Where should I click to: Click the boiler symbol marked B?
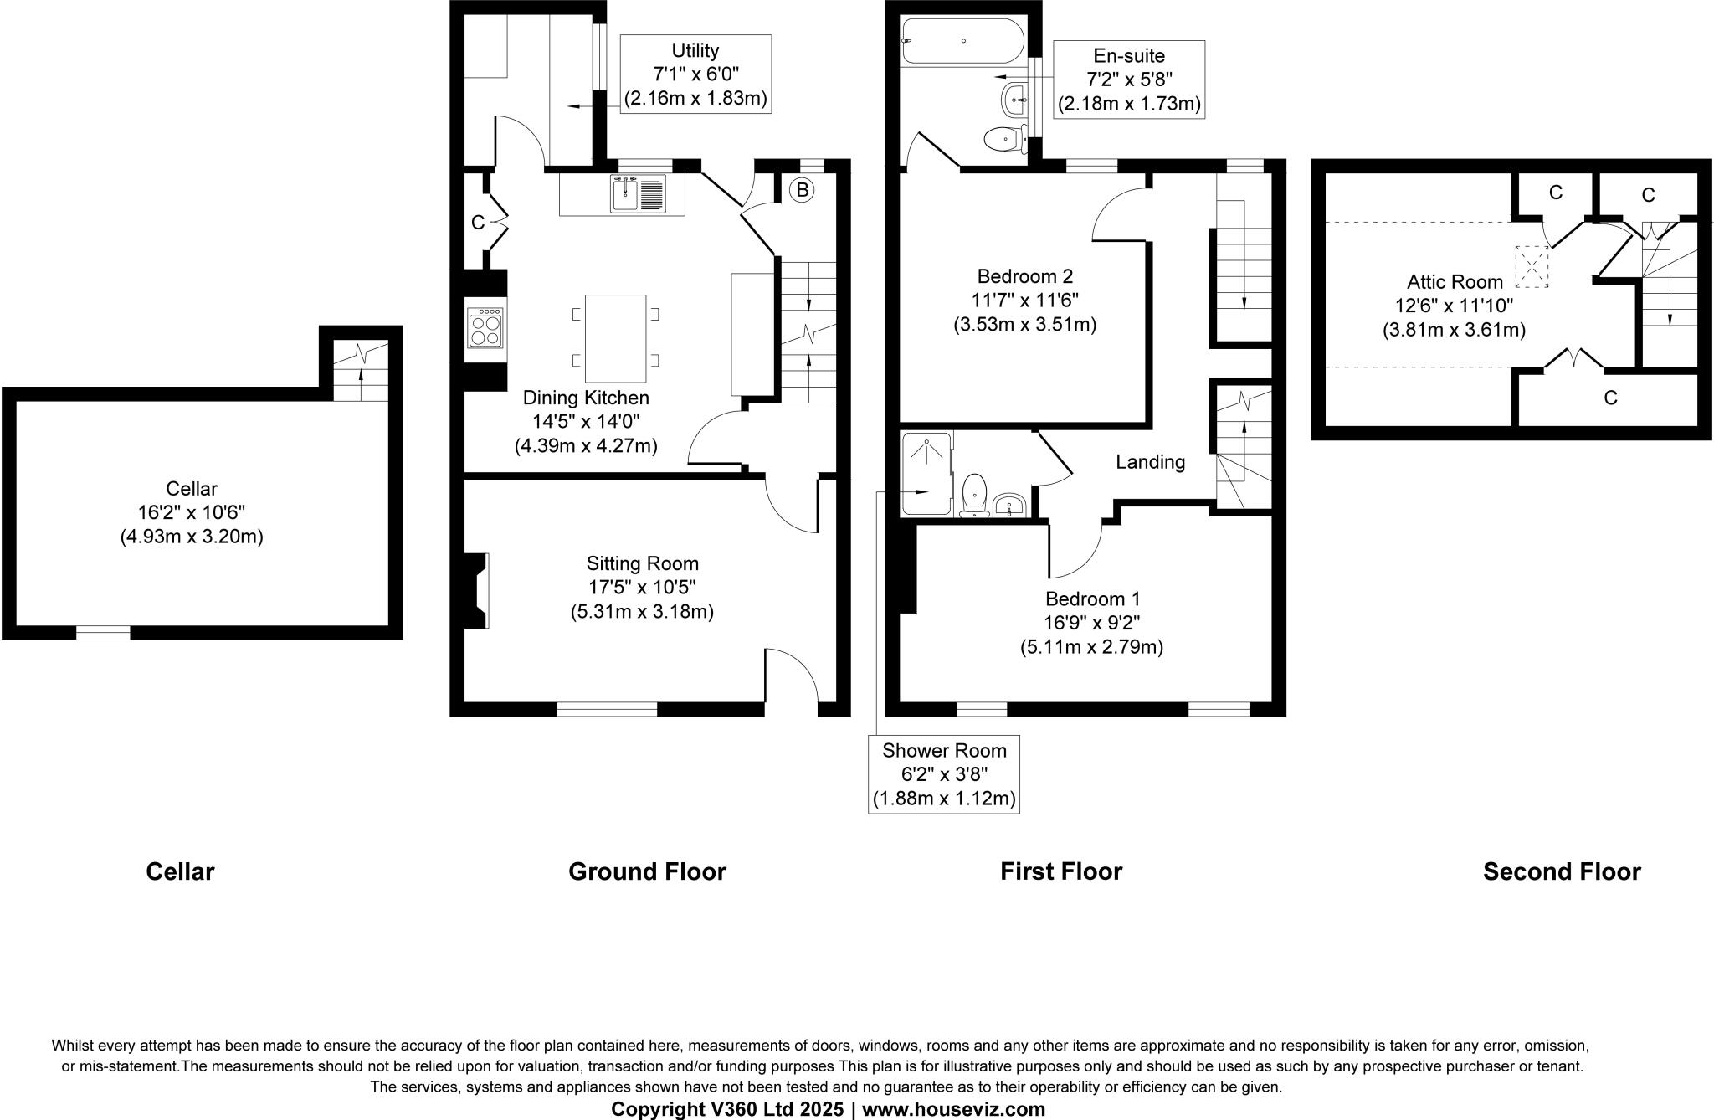(x=802, y=191)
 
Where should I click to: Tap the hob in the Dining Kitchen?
(x=486, y=327)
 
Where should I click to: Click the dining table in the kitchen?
(x=615, y=337)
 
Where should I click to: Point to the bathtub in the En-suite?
(x=962, y=41)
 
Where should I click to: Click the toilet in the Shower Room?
(x=974, y=494)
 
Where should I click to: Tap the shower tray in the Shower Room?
(x=926, y=473)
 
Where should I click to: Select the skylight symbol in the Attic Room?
(x=1532, y=266)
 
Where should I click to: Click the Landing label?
(x=1150, y=462)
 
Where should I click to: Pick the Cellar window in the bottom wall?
(x=103, y=633)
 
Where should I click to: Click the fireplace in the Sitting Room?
(x=477, y=590)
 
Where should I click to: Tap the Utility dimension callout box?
(x=695, y=74)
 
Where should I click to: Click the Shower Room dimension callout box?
(x=944, y=774)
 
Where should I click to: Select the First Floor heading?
(x=1060, y=871)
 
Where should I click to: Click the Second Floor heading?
(x=1561, y=871)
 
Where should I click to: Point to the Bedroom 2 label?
(x=1024, y=275)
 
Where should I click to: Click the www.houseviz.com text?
(x=953, y=1109)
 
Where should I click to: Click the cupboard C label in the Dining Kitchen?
(x=477, y=223)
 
